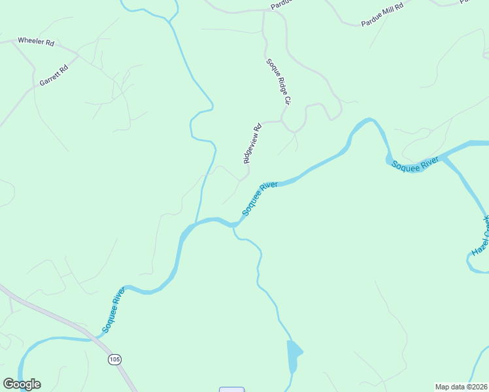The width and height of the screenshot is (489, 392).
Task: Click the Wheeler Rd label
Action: (36, 41)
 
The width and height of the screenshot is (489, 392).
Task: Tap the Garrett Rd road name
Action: (54, 76)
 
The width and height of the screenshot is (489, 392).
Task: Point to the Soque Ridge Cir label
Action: (277, 82)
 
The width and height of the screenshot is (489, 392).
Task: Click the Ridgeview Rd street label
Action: (252, 143)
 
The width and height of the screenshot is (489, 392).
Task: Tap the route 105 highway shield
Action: (115, 359)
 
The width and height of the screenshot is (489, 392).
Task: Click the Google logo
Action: (22, 384)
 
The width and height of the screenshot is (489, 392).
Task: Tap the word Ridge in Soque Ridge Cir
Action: (277, 82)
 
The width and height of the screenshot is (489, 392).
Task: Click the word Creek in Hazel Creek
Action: (486, 226)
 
